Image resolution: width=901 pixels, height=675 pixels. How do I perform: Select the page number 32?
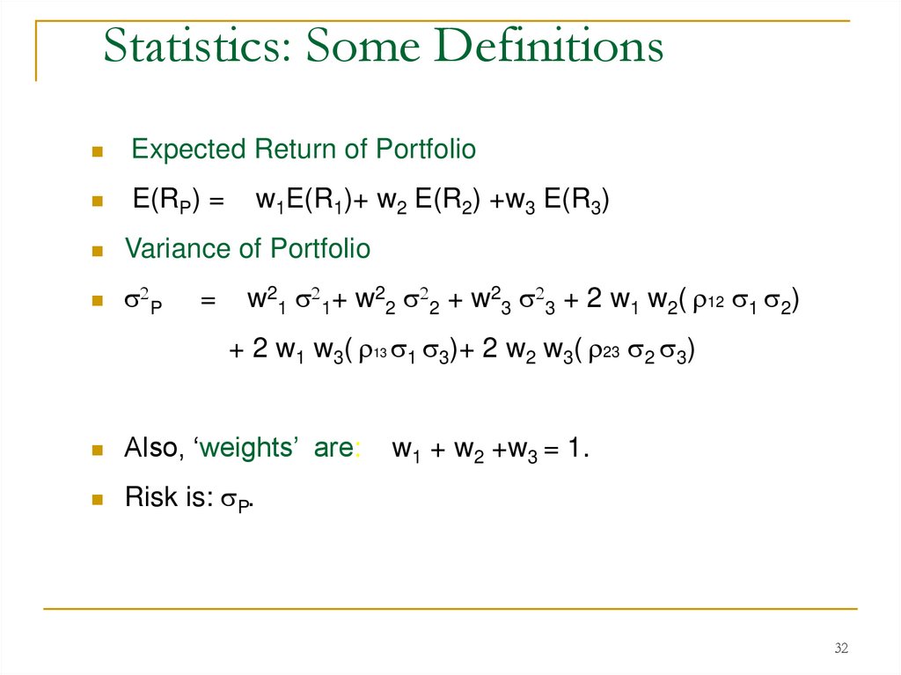point(841,649)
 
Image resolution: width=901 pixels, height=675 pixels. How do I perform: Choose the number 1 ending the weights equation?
point(574,449)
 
